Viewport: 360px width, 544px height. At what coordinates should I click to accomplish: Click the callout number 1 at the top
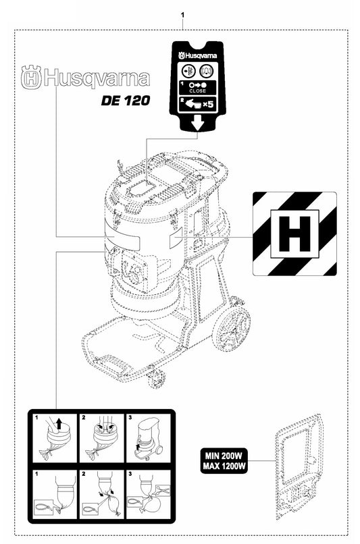click(182, 15)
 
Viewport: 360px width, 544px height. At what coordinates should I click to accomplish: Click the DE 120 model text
click(126, 101)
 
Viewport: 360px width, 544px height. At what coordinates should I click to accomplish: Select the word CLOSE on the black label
click(197, 91)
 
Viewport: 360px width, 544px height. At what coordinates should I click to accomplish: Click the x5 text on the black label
click(207, 104)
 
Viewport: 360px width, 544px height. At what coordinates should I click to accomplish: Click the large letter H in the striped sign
click(294, 234)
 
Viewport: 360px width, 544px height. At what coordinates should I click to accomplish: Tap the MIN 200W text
click(224, 455)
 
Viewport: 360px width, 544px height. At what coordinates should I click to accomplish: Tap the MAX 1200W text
click(224, 466)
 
